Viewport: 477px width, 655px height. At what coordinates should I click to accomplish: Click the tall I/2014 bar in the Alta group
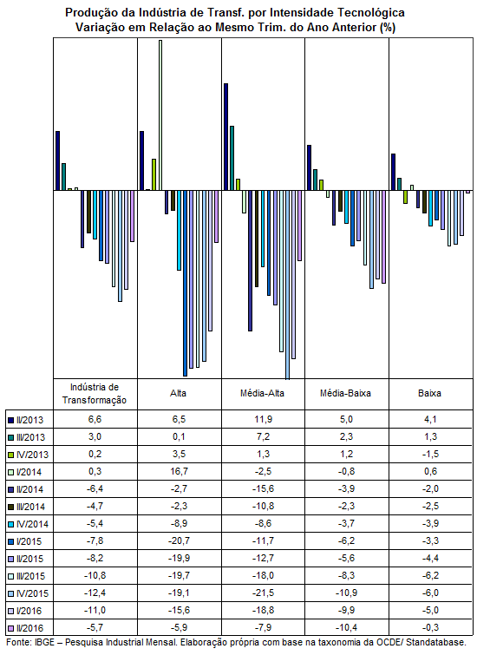pos(160,115)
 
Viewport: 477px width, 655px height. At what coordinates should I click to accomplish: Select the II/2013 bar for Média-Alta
pos(226,136)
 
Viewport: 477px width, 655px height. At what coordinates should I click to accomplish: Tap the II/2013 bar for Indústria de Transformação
pos(57,160)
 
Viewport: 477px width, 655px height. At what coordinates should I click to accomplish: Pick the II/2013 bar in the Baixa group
pos(393,172)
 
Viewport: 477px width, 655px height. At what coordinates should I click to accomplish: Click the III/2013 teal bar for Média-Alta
pos(232,158)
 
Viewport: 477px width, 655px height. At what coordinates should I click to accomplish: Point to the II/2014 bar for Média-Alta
pos(250,260)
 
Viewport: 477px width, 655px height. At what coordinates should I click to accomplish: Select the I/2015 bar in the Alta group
pos(185,283)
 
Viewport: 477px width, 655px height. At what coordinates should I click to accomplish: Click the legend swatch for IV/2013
pos(11,455)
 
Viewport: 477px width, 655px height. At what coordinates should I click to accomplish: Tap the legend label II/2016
pos(29,628)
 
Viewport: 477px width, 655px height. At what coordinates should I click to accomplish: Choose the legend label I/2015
pos(29,541)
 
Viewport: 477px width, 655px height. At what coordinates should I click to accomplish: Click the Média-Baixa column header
pos(345,393)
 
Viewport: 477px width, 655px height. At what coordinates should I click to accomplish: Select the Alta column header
pos(179,393)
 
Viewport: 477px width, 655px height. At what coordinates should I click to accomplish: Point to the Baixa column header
pos(429,393)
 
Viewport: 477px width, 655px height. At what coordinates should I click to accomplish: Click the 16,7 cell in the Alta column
pos(180,471)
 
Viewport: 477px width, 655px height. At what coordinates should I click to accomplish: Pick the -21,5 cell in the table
pos(263,593)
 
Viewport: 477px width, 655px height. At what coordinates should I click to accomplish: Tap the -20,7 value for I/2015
pos(180,540)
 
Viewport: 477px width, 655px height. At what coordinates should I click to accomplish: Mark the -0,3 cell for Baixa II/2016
pos(430,627)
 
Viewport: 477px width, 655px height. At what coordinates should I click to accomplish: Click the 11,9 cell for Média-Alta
pos(263,419)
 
